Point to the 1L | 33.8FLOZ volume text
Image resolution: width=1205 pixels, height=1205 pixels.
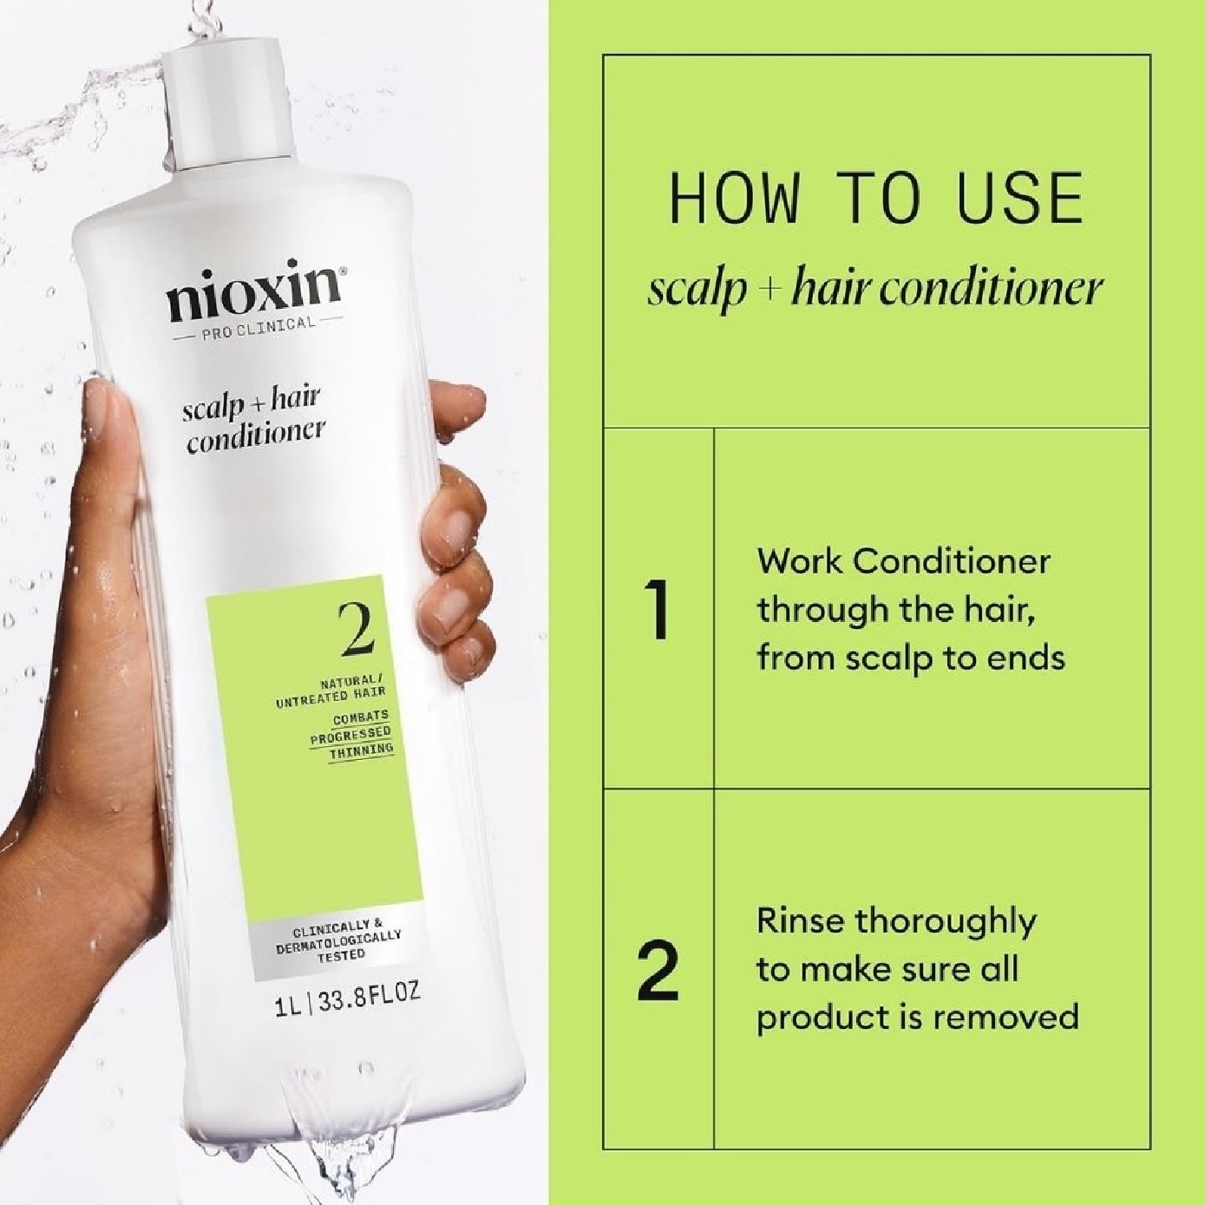(x=348, y=999)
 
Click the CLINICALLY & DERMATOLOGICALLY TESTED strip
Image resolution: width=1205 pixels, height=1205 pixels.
(x=339, y=940)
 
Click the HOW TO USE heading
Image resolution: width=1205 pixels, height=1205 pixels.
(x=876, y=200)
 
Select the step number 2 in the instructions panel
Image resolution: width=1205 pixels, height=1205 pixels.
(x=658, y=971)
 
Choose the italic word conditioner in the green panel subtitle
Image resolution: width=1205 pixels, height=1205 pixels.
(x=992, y=289)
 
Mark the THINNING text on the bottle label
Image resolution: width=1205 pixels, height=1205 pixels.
(x=361, y=750)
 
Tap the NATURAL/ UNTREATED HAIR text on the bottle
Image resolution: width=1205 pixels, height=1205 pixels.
(x=331, y=688)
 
